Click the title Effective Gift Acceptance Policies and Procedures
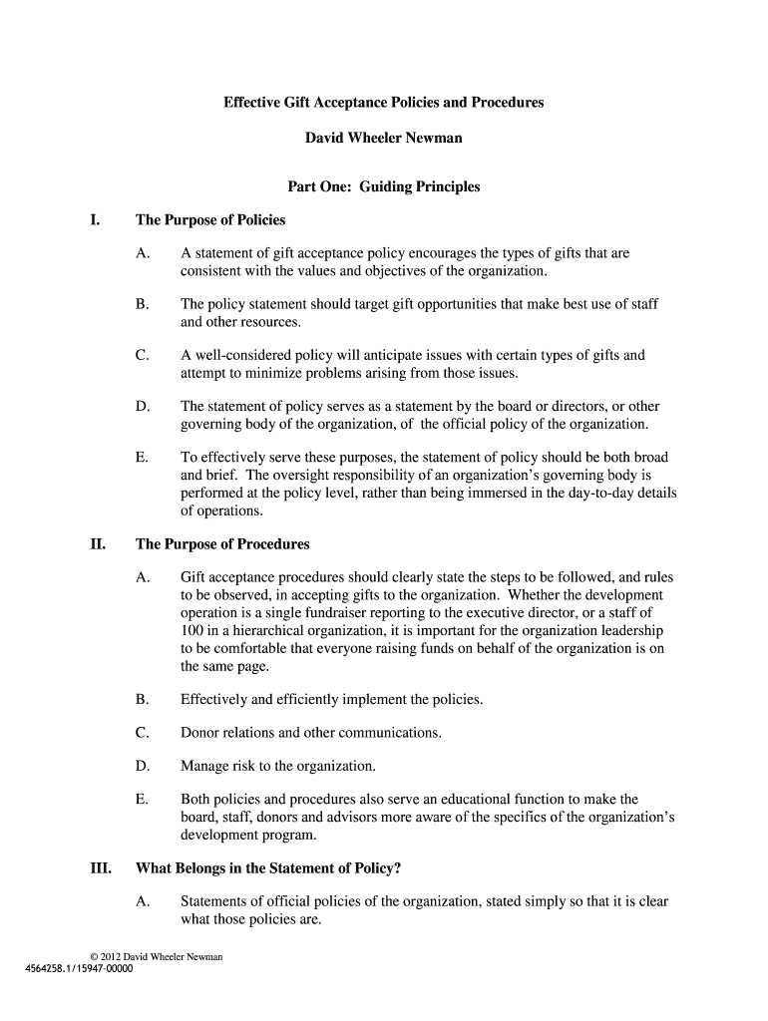tap(384, 103)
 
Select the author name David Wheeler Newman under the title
tap(384, 138)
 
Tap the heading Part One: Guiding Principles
tap(384, 186)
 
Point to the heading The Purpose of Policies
tap(210, 219)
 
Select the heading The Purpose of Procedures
tap(222, 544)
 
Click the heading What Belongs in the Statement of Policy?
tap(268, 867)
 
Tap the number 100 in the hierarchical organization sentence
tap(192, 631)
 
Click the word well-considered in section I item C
tap(240, 355)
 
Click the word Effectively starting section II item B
tap(213, 699)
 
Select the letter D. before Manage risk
tap(143, 766)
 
